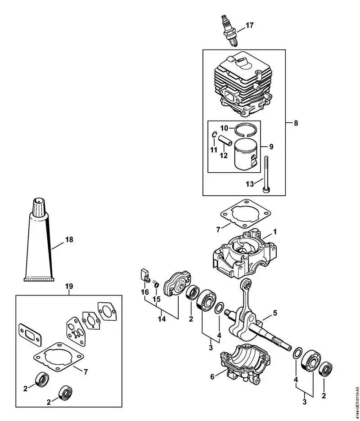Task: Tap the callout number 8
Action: [x=295, y=122]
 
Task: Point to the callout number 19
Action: [x=68, y=286]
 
